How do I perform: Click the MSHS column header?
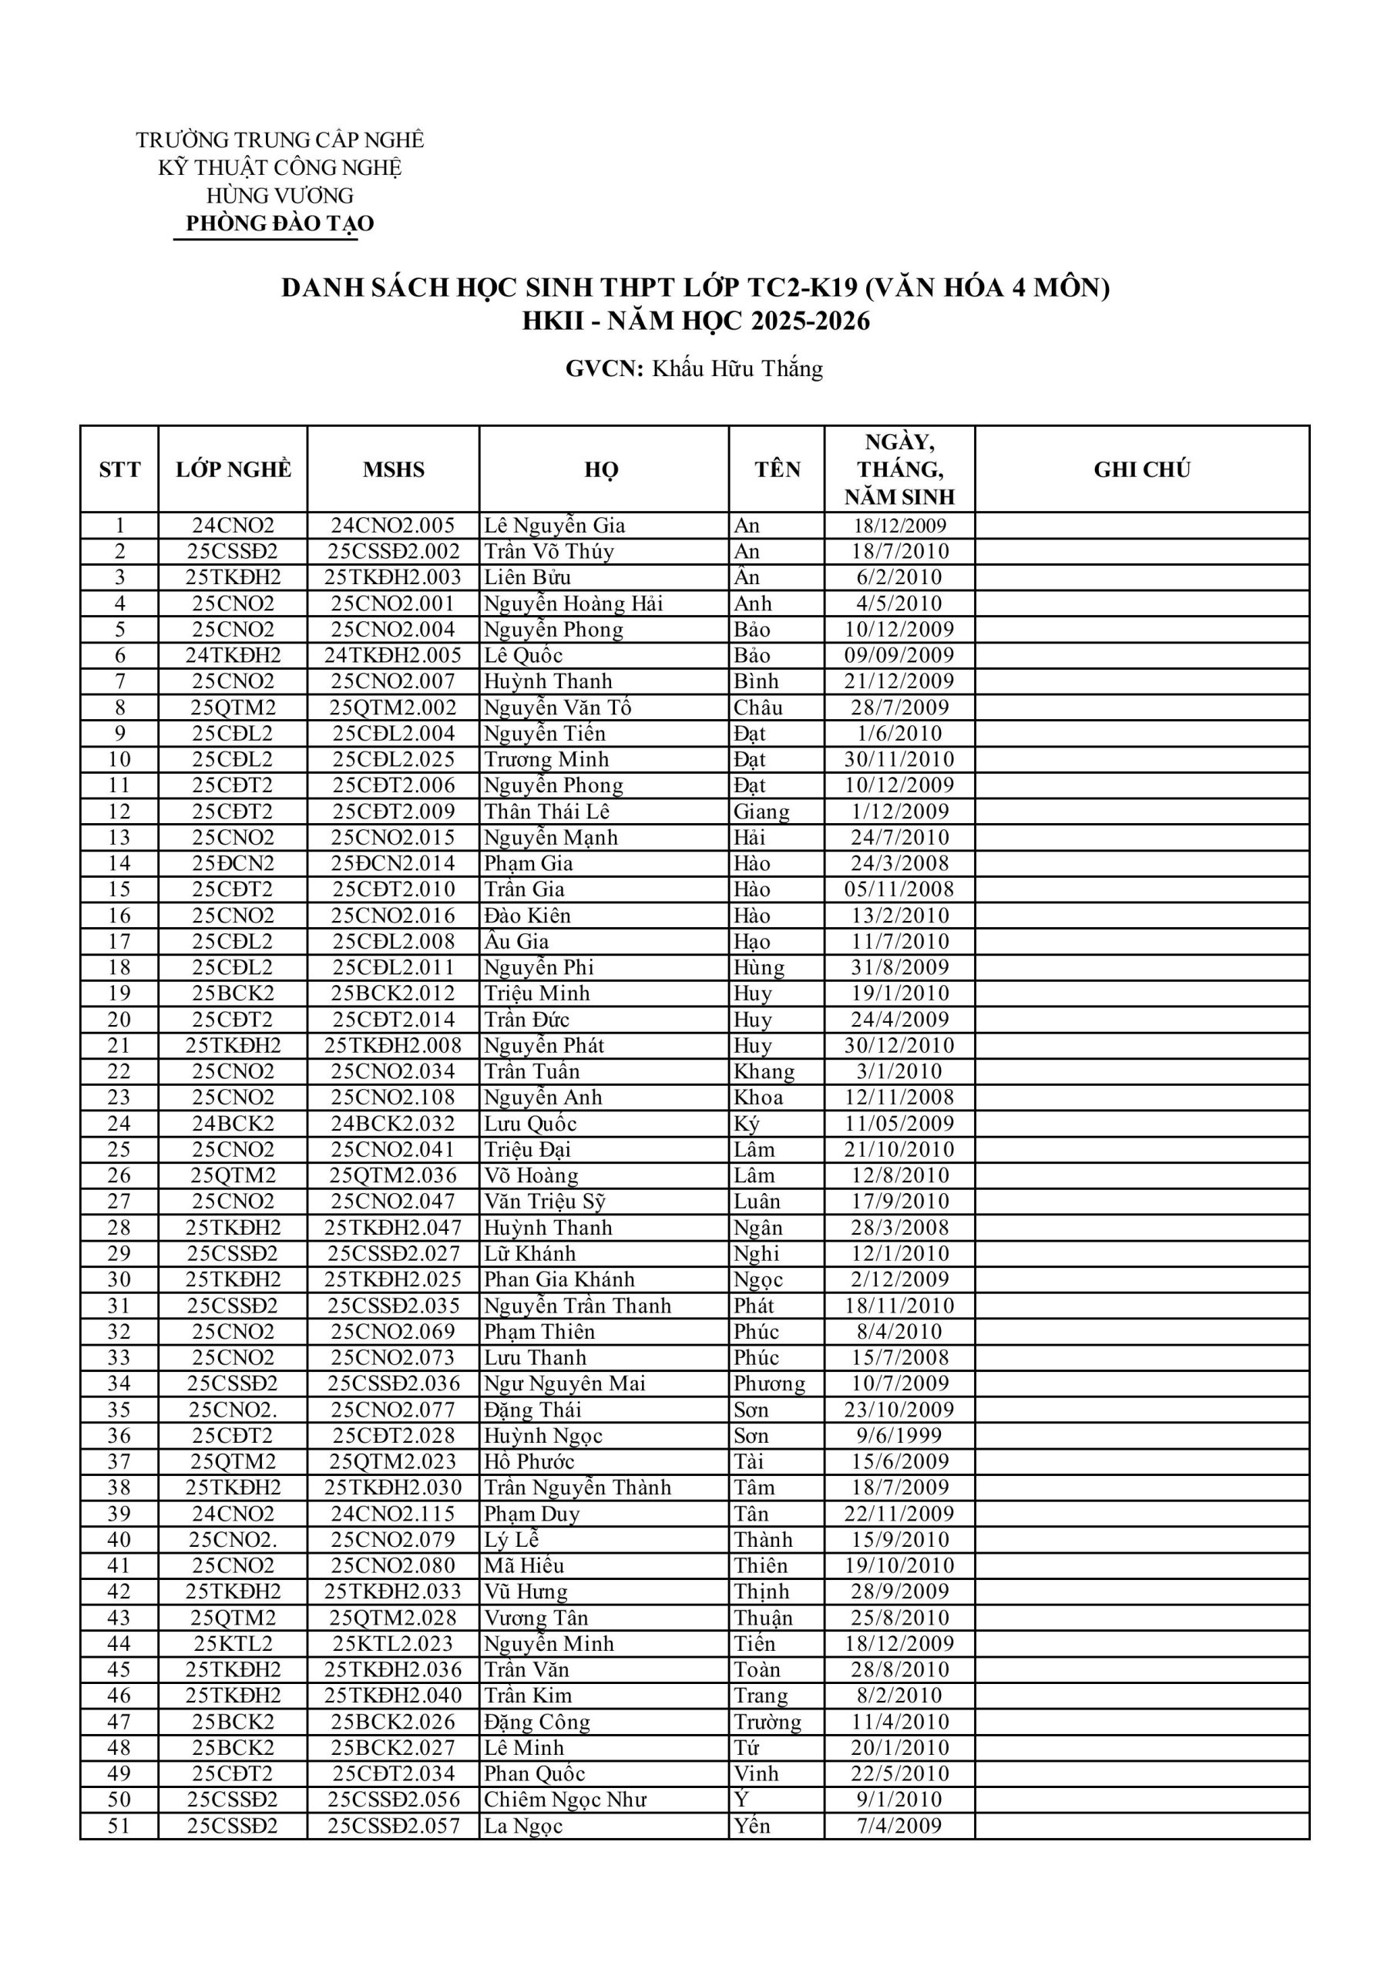point(394,469)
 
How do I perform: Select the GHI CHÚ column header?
point(1141,469)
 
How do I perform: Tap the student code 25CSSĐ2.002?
point(394,552)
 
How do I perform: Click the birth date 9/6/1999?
point(899,1435)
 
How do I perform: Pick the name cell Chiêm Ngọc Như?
point(565,1800)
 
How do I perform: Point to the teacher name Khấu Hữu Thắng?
point(737,368)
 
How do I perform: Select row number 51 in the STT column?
point(119,1825)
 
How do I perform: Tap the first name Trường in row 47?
point(767,1721)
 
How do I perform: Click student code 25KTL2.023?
point(394,1643)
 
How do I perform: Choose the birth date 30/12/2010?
point(899,1045)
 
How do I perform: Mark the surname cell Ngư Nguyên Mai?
point(564,1383)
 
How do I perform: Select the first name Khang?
point(763,1071)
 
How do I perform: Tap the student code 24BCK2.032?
point(394,1123)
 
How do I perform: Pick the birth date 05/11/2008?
point(899,889)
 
